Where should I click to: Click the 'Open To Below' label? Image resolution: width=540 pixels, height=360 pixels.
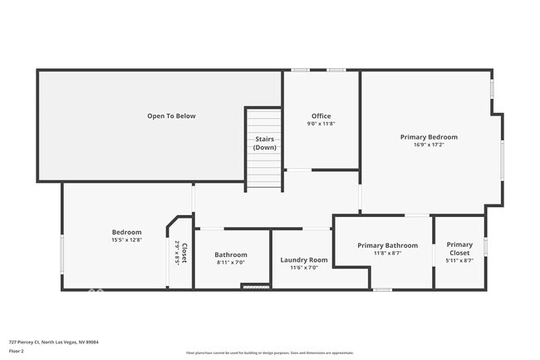[x=171, y=116]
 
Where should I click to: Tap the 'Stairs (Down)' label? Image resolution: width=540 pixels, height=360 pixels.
[x=265, y=143]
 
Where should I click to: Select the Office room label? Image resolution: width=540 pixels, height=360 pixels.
[x=322, y=116]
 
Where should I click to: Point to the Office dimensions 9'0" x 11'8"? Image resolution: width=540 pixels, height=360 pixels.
[x=322, y=124]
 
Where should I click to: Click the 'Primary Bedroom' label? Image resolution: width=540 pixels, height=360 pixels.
[x=429, y=136]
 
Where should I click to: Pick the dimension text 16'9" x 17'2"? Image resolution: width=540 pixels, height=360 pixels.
[x=429, y=145]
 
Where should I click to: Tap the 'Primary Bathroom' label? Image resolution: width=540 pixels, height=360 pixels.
[x=387, y=245]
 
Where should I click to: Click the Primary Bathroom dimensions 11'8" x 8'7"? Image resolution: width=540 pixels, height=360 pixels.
[x=387, y=254]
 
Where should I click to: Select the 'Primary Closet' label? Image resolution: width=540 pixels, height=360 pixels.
[x=459, y=249]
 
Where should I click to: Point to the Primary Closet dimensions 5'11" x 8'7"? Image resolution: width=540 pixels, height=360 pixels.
[x=459, y=261]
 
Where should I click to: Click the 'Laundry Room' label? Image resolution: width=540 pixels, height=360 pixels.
[x=304, y=259]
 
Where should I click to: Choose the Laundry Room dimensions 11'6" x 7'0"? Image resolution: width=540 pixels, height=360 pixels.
[x=304, y=268]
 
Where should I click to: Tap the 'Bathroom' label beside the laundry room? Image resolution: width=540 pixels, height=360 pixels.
[x=231, y=254]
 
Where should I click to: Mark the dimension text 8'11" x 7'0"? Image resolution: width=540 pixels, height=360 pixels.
[x=231, y=263]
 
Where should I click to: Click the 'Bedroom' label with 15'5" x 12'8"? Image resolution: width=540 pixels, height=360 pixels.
[x=127, y=232]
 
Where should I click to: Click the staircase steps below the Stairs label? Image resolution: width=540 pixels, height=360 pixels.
[x=265, y=171]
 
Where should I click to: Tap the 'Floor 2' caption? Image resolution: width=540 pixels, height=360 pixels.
[x=17, y=351]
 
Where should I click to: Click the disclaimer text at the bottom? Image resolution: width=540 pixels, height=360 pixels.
[x=269, y=353]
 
